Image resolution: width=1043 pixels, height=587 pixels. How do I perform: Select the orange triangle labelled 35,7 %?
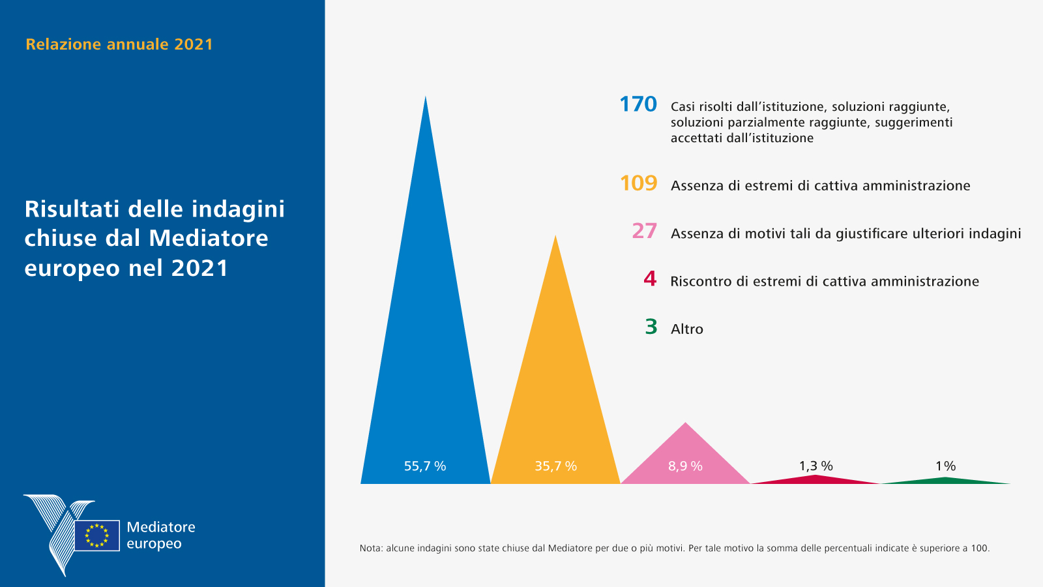(x=555, y=391)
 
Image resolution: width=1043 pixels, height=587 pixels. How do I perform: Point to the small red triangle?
(x=815, y=479)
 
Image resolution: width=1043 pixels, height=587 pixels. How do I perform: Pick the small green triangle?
(x=945, y=481)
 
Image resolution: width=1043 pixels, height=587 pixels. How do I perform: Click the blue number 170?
(x=638, y=104)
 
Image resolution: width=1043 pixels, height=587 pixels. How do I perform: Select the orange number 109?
(x=638, y=183)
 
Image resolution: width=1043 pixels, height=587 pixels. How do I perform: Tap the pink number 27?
(x=644, y=231)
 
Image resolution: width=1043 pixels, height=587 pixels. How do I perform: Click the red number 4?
(x=650, y=279)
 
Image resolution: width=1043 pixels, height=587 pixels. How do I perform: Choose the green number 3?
(x=651, y=327)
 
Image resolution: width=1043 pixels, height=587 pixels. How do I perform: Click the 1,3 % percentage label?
(x=815, y=466)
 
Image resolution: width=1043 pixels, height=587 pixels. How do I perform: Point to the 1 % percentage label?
(x=945, y=466)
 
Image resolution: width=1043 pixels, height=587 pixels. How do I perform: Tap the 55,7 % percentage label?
(x=425, y=466)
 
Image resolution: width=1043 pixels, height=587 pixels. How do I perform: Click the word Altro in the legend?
(x=687, y=329)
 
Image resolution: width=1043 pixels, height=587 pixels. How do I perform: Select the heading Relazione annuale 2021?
(x=119, y=44)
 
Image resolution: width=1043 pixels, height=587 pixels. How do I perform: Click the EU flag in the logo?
(x=97, y=535)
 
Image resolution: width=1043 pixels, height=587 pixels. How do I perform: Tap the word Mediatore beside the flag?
(x=161, y=527)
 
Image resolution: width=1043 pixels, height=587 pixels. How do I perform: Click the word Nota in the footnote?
(x=371, y=549)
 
